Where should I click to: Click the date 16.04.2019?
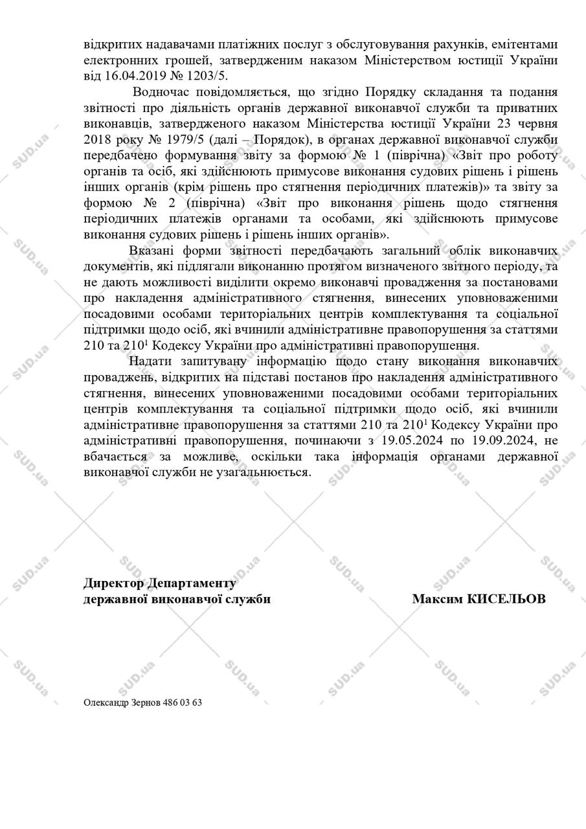133,75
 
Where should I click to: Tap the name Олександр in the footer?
106,702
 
